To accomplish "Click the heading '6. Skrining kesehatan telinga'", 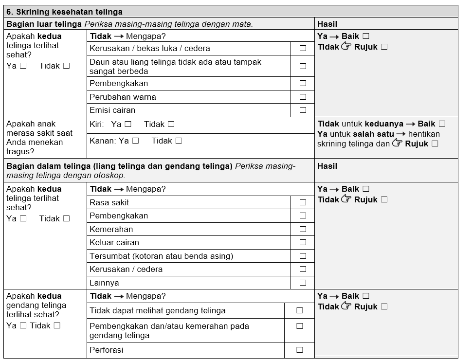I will click(x=64, y=12).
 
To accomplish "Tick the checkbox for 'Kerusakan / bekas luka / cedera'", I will click(x=303, y=48).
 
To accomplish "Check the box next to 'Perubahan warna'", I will click(x=303, y=97).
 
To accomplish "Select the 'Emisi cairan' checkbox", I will click(x=303, y=110).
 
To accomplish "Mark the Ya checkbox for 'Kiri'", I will click(x=128, y=124).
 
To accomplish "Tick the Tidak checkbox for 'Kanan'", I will click(x=179, y=141).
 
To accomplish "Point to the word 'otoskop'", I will click(x=110, y=175).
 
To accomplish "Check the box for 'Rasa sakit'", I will click(x=303, y=202).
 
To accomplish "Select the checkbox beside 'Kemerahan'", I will click(x=303, y=229).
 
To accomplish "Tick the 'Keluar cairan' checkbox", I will click(x=303, y=242).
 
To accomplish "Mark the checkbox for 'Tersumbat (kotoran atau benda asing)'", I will click(x=303, y=256).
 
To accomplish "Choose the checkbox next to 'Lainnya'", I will click(x=303, y=283).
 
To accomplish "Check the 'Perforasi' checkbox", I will click(x=299, y=350).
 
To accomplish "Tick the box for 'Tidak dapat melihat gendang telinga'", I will click(x=299, y=310).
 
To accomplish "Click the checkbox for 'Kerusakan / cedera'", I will click(x=303, y=269).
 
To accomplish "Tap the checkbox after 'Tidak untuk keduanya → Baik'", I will click(x=441, y=124).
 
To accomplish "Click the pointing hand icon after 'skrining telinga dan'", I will click(x=397, y=143).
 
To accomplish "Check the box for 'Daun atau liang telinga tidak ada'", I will click(x=303, y=66).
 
